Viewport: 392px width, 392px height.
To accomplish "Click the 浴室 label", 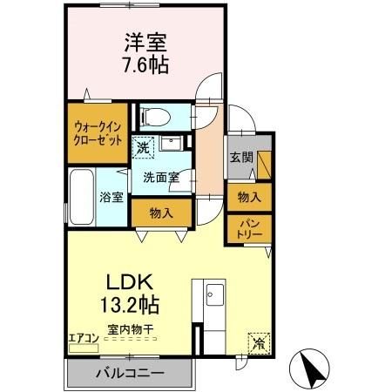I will (x=111, y=197).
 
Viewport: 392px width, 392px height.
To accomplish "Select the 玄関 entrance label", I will (x=241, y=158).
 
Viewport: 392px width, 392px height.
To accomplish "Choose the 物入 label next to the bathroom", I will (x=160, y=212).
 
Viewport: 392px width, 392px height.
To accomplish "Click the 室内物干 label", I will (x=131, y=330).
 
